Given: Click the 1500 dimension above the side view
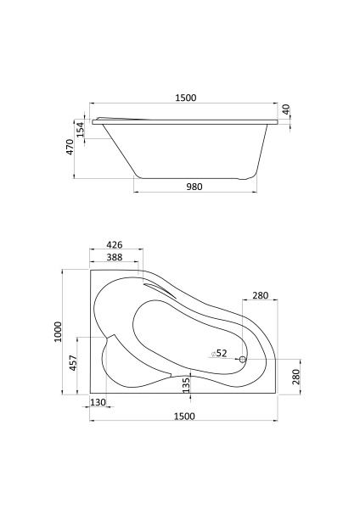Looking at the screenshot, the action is pyautogui.click(x=186, y=98).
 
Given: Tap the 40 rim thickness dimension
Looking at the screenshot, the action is pyautogui.click(x=286, y=109).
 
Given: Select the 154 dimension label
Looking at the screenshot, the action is pyautogui.click(x=81, y=129).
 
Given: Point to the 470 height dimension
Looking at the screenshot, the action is pyautogui.click(x=70, y=147).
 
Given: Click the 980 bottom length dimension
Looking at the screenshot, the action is pyautogui.click(x=194, y=187).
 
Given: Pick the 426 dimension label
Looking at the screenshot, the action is pyautogui.click(x=115, y=244).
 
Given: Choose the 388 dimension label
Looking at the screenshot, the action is pyautogui.click(x=115, y=257).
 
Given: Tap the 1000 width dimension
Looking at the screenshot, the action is pyautogui.click(x=58, y=332).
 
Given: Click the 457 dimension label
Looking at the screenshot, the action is pyautogui.click(x=73, y=363).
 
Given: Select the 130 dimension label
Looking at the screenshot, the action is pyautogui.click(x=98, y=402).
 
